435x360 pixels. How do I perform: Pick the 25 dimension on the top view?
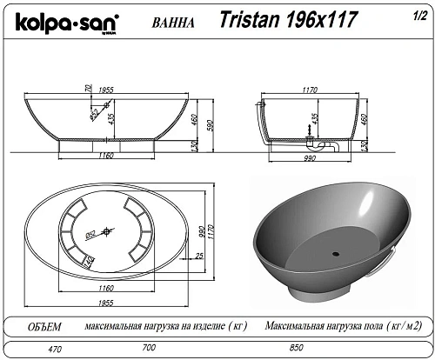[199, 255]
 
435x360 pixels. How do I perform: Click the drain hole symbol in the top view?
[108, 230]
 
